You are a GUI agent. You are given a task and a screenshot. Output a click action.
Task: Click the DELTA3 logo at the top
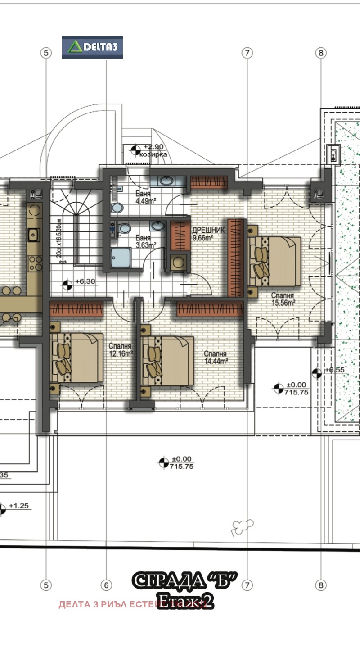(92, 47)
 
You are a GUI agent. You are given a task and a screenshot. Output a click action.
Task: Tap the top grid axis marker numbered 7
(247, 53)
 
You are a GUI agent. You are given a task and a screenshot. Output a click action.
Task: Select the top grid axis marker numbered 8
(320, 53)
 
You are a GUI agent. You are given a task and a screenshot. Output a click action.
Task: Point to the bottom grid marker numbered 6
(106, 585)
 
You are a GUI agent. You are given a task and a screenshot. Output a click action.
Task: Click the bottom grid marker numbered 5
(46, 585)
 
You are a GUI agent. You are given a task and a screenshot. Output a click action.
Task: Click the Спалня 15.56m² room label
(283, 299)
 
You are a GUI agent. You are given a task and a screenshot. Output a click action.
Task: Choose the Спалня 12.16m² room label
(120, 350)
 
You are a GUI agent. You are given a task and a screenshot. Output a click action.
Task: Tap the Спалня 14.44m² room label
(215, 357)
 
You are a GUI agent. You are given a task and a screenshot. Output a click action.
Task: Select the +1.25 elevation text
(18, 506)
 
